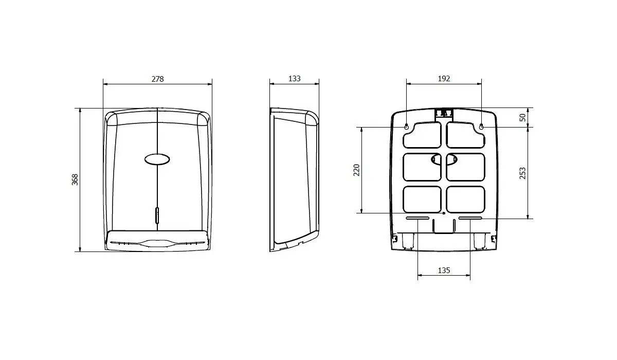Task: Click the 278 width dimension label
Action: click(157, 79)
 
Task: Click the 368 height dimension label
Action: click(75, 179)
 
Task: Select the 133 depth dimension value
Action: click(295, 79)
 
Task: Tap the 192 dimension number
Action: click(444, 79)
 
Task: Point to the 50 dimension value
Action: click(522, 118)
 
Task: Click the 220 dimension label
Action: click(356, 170)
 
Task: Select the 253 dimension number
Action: click(522, 173)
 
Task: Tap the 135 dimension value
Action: click(444, 271)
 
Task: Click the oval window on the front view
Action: click(157, 159)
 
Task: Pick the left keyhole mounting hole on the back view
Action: click(406, 127)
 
